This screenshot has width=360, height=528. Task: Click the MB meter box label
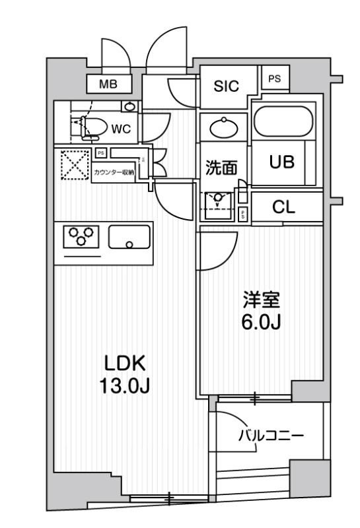tap(108, 84)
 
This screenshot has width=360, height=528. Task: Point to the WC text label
tap(120, 129)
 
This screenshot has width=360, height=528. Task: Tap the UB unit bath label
tap(281, 162)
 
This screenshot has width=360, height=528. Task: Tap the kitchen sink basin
tap(129, 237)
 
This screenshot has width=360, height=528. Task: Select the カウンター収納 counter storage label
tap(114, 172)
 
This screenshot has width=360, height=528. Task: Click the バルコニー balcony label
tap(270, 436)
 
